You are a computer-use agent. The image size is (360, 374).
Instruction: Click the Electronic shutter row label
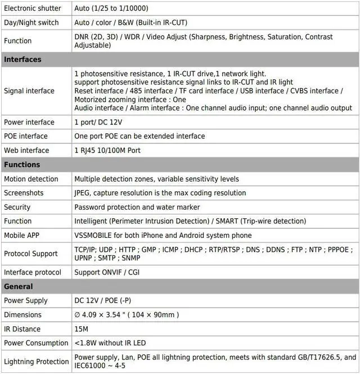(x=32, y=8)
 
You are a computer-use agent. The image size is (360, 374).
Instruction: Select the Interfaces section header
(x=22, y=60)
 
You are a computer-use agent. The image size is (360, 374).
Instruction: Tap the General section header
(x=19, y=286)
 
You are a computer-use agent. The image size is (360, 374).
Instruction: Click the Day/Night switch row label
(x=31, y=22)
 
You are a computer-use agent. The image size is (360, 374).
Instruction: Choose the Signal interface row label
(x=29, y=91)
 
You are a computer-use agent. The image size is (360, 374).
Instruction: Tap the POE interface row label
(x=26, y=136)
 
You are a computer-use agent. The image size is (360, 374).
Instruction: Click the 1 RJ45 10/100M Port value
(x=107, y=150)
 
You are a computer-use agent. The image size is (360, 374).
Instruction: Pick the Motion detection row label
(x=31, y=179)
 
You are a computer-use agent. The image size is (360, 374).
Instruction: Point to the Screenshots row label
(x=24, y=193)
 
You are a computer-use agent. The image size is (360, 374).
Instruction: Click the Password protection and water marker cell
(x=139, y=207)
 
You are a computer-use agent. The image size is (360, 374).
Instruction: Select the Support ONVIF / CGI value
(x=107, y=272)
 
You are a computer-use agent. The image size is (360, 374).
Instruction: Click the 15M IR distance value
(x=82, y=329)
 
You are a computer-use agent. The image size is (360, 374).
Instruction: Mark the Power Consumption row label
(x=36, y=343)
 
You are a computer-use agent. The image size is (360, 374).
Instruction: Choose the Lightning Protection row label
(x=37, y=362)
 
